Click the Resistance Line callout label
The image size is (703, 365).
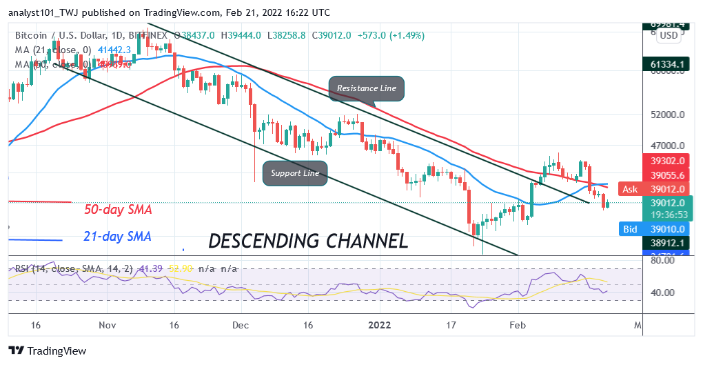(366, 88)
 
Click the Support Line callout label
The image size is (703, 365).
(295, 172)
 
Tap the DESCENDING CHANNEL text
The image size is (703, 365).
(307, 241)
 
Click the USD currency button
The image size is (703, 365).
(668, 34)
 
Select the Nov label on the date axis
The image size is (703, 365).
(107, 324)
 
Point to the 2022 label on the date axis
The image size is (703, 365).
(379, 324)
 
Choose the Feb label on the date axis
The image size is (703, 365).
(518, 324)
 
